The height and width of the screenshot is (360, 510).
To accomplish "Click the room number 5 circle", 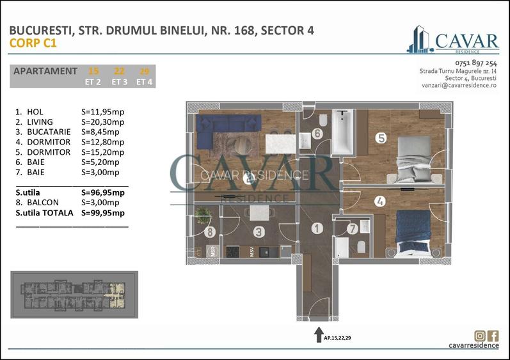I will tap(381, 137).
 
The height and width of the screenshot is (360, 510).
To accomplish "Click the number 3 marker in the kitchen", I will tap(259, 233).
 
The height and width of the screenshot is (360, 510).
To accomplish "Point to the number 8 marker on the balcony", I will tap(209, 233).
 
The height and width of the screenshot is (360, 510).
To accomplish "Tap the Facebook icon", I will tap(493, 336).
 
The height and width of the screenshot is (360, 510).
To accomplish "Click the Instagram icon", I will tap(479, 336).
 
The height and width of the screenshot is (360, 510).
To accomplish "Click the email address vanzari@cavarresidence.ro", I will tap(459, 84).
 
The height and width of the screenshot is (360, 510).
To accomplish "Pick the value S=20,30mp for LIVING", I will tap(103, 121).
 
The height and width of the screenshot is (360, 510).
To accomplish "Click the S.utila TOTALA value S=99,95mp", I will tap(103, 213).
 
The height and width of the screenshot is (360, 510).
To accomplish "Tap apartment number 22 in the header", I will tap(119, 71).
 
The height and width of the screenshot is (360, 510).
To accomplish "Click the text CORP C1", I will tap(33, 43).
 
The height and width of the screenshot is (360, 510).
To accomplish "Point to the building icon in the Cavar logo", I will tap(419, 40).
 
